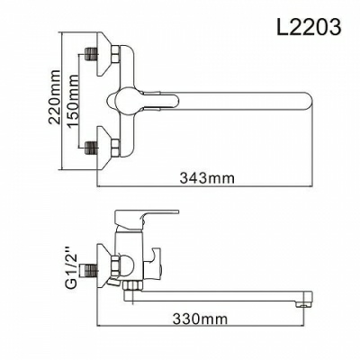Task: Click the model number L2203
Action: (x=310, y=28)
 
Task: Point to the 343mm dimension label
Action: (x=206, y=178)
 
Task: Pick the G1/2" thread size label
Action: (x=64, y=267)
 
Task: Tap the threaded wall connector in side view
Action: (x=90, y=269)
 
